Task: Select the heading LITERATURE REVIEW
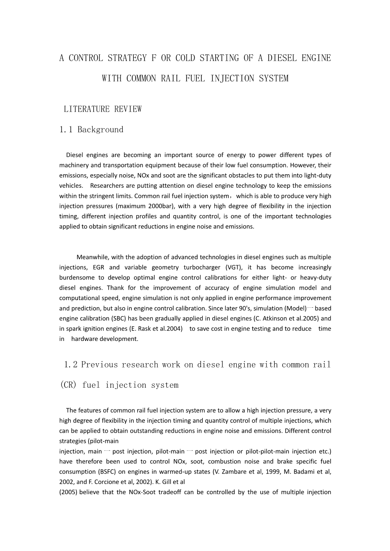click(x=103, y=109)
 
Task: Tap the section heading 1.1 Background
click(x=91, y=130)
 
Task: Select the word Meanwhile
click(x=93, y=257)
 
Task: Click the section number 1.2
click(x=71, y=365)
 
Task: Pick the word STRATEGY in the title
click(x=126, y=58)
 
